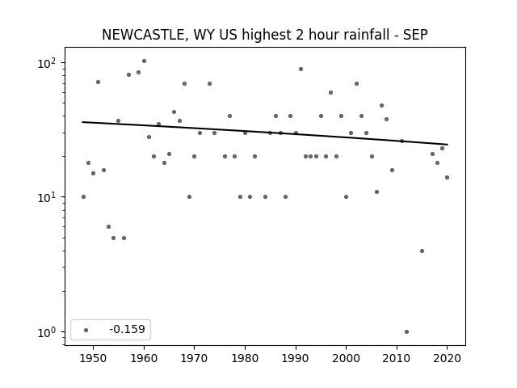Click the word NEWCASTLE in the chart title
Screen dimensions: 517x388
[x=143, y=35]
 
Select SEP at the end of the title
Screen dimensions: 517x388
[x=415, y=35]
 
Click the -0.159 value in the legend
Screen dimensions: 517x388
[x=127, y=329]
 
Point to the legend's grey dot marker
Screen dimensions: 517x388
[x=86, y=330]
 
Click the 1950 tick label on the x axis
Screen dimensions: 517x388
[x=93, y=358]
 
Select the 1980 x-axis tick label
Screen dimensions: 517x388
[x=245, y=358]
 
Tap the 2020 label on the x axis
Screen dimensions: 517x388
[x=447, y=358]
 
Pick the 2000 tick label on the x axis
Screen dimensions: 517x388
[x=346, y=358]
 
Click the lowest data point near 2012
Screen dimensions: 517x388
[x=406, y=332]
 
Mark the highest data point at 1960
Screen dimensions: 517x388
[x=144, y=61]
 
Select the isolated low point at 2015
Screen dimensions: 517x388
[x=422, y=251]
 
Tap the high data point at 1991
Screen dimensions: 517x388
[x=301, y=70]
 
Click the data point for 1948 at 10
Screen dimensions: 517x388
[x=83, y=197]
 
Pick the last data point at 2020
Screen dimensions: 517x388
[x=447, y=178]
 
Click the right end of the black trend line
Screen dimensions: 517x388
[x=448, y=145]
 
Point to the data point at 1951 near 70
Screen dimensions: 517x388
[x=98, y=82]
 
